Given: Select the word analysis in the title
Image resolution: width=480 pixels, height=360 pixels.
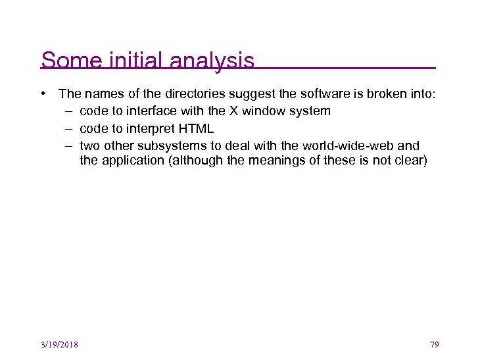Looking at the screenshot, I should (x=212, y=61).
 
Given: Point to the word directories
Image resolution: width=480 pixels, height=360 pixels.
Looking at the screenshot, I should (x=183, y=94).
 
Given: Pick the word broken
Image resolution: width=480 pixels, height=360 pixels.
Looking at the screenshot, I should (x=373, y=94).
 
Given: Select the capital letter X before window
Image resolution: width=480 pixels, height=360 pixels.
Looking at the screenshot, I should (x=251, y=111).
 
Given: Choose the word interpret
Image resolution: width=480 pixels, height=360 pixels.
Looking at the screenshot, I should (x=147, y=128).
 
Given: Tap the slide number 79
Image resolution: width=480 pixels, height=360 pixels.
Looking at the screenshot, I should (x=434, y=344).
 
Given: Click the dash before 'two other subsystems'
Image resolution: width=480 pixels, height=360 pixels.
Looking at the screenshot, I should (x=69, y=145).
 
